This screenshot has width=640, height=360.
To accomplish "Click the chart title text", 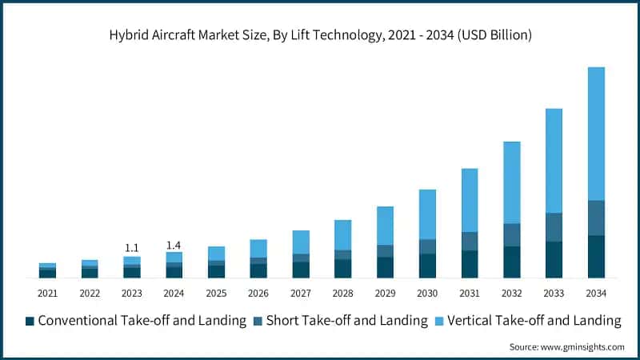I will click(320, 35).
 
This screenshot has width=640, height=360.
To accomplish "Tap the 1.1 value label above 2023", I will click(132, 248).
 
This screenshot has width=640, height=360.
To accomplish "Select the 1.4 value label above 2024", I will click(174, 244).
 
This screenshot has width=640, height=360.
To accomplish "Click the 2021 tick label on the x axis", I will click(47, 294).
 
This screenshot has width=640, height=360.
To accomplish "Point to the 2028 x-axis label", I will click(342, 294).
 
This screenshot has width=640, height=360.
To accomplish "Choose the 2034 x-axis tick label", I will click(596, 294).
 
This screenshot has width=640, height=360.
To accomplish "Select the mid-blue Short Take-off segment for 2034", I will click(596, 218).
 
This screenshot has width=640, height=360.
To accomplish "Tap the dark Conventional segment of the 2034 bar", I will click(596, 256).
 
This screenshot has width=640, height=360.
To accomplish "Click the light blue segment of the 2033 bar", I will click(554, 160).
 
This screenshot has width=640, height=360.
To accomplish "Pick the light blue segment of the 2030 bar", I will click(427, 214).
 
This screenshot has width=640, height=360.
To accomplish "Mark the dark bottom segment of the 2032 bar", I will click(511, 262).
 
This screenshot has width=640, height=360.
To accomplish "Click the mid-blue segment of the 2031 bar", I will click(470, 241).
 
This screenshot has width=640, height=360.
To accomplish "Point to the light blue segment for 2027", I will click(301, 242).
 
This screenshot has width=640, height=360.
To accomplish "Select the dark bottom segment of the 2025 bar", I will click(216, 271).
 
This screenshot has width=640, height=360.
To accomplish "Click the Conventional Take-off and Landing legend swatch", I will click(30, 321).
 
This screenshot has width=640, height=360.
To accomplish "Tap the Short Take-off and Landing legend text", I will click(346, 321).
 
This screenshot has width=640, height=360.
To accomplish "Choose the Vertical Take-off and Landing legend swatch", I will click(439, 321).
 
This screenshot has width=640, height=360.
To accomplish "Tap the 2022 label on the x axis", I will click(90, 294).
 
